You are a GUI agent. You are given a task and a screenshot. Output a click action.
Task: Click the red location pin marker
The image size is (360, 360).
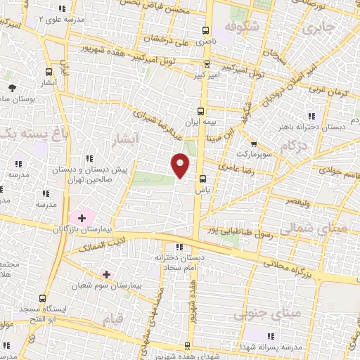(181, 164)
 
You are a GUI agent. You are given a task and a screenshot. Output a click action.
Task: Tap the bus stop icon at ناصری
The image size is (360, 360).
(205, 30)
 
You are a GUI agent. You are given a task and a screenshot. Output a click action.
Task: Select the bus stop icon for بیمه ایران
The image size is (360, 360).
(201, 110)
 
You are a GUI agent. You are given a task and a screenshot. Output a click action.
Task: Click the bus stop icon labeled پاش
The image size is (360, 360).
(202, 179)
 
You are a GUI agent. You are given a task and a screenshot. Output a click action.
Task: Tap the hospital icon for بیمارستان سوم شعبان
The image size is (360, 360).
(106, 274)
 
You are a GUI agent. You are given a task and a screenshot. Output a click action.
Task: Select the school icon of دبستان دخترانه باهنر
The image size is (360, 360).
(312, 116)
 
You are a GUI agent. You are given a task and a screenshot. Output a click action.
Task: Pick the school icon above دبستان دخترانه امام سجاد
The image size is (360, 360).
(179, 247)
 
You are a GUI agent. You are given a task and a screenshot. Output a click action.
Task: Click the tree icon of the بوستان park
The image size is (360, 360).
(13, 87)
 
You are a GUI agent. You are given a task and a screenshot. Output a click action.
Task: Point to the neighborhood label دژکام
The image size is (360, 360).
(294, 146)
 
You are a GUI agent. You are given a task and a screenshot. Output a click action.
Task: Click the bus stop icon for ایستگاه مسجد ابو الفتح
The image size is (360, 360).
(43, 298)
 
